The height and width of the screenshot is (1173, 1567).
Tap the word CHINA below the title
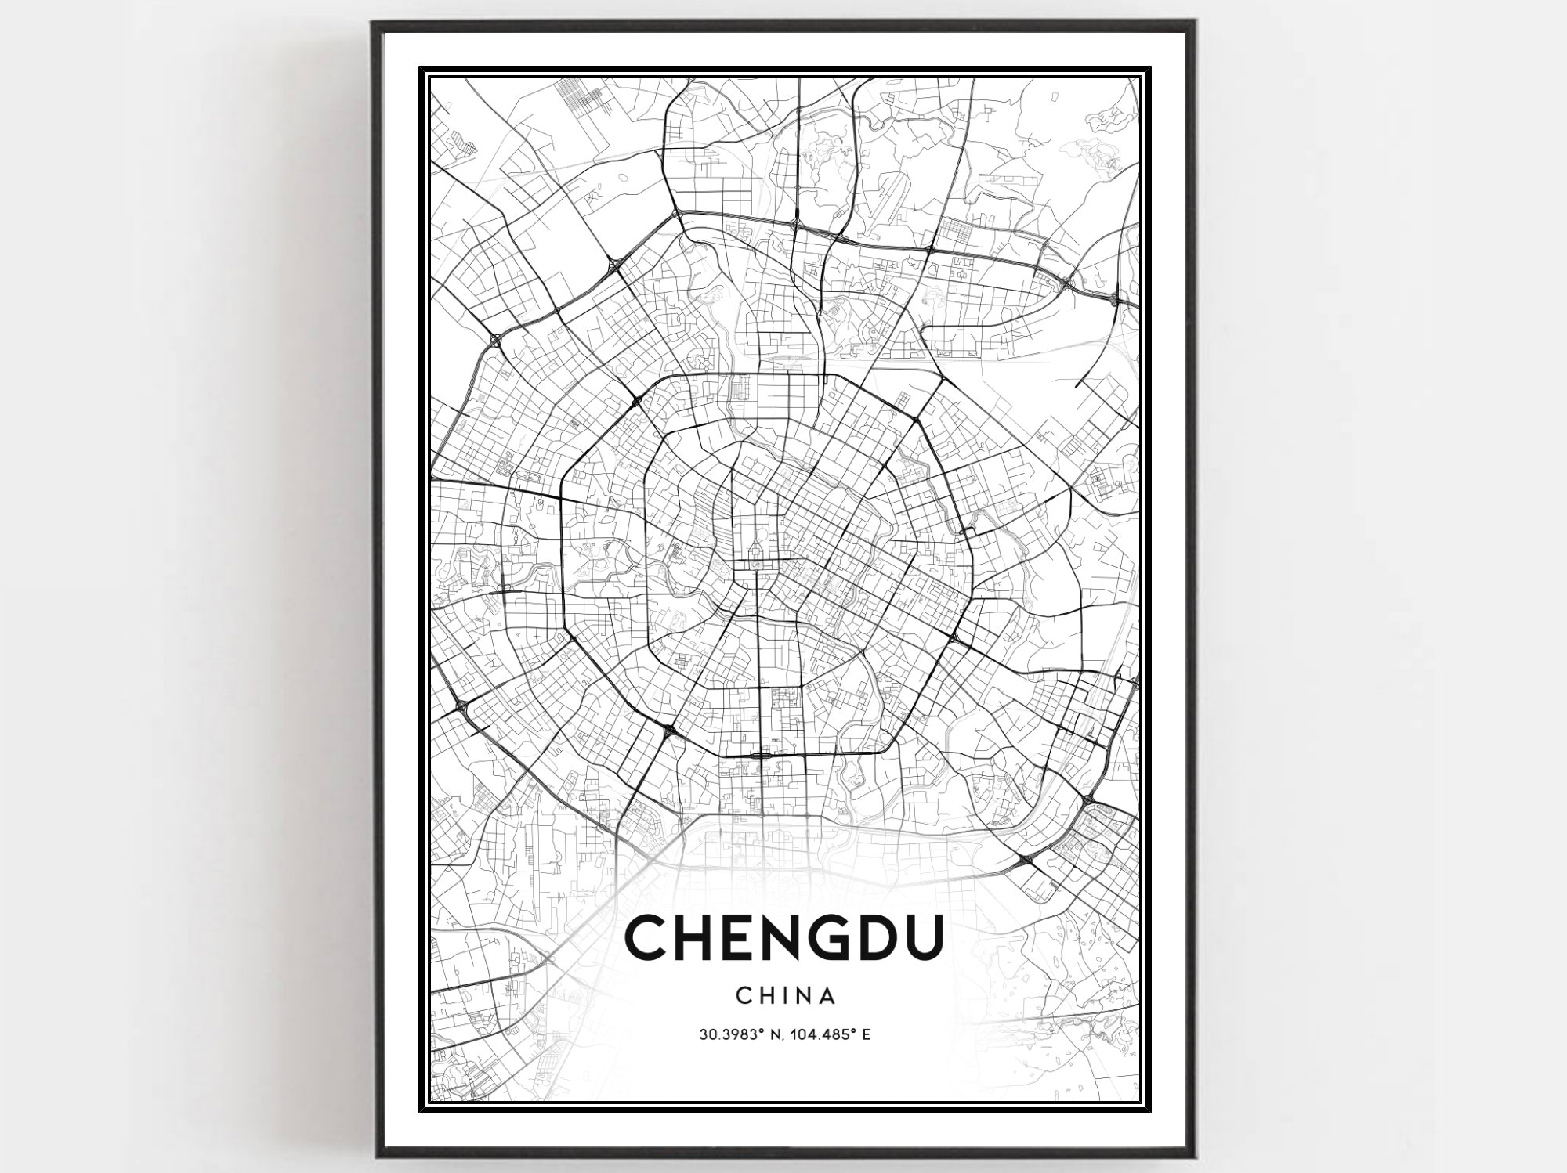pyautogui.click(x=785, y=996)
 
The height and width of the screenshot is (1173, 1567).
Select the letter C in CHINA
pyautogui.click(x=744, y=996)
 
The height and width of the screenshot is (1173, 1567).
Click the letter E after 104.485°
pyautogui.click(x=867, y=1034)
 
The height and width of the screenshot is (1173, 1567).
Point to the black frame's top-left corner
pyautogui.click(x=373, y=22)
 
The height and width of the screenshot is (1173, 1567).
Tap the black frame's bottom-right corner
pyautogui.click(x=1195, y=1155)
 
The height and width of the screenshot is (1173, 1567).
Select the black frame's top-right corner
pyautogui.click(x=1195, y=22)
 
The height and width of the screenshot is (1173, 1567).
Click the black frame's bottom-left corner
pyautogui.click(x=374, y=1155)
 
